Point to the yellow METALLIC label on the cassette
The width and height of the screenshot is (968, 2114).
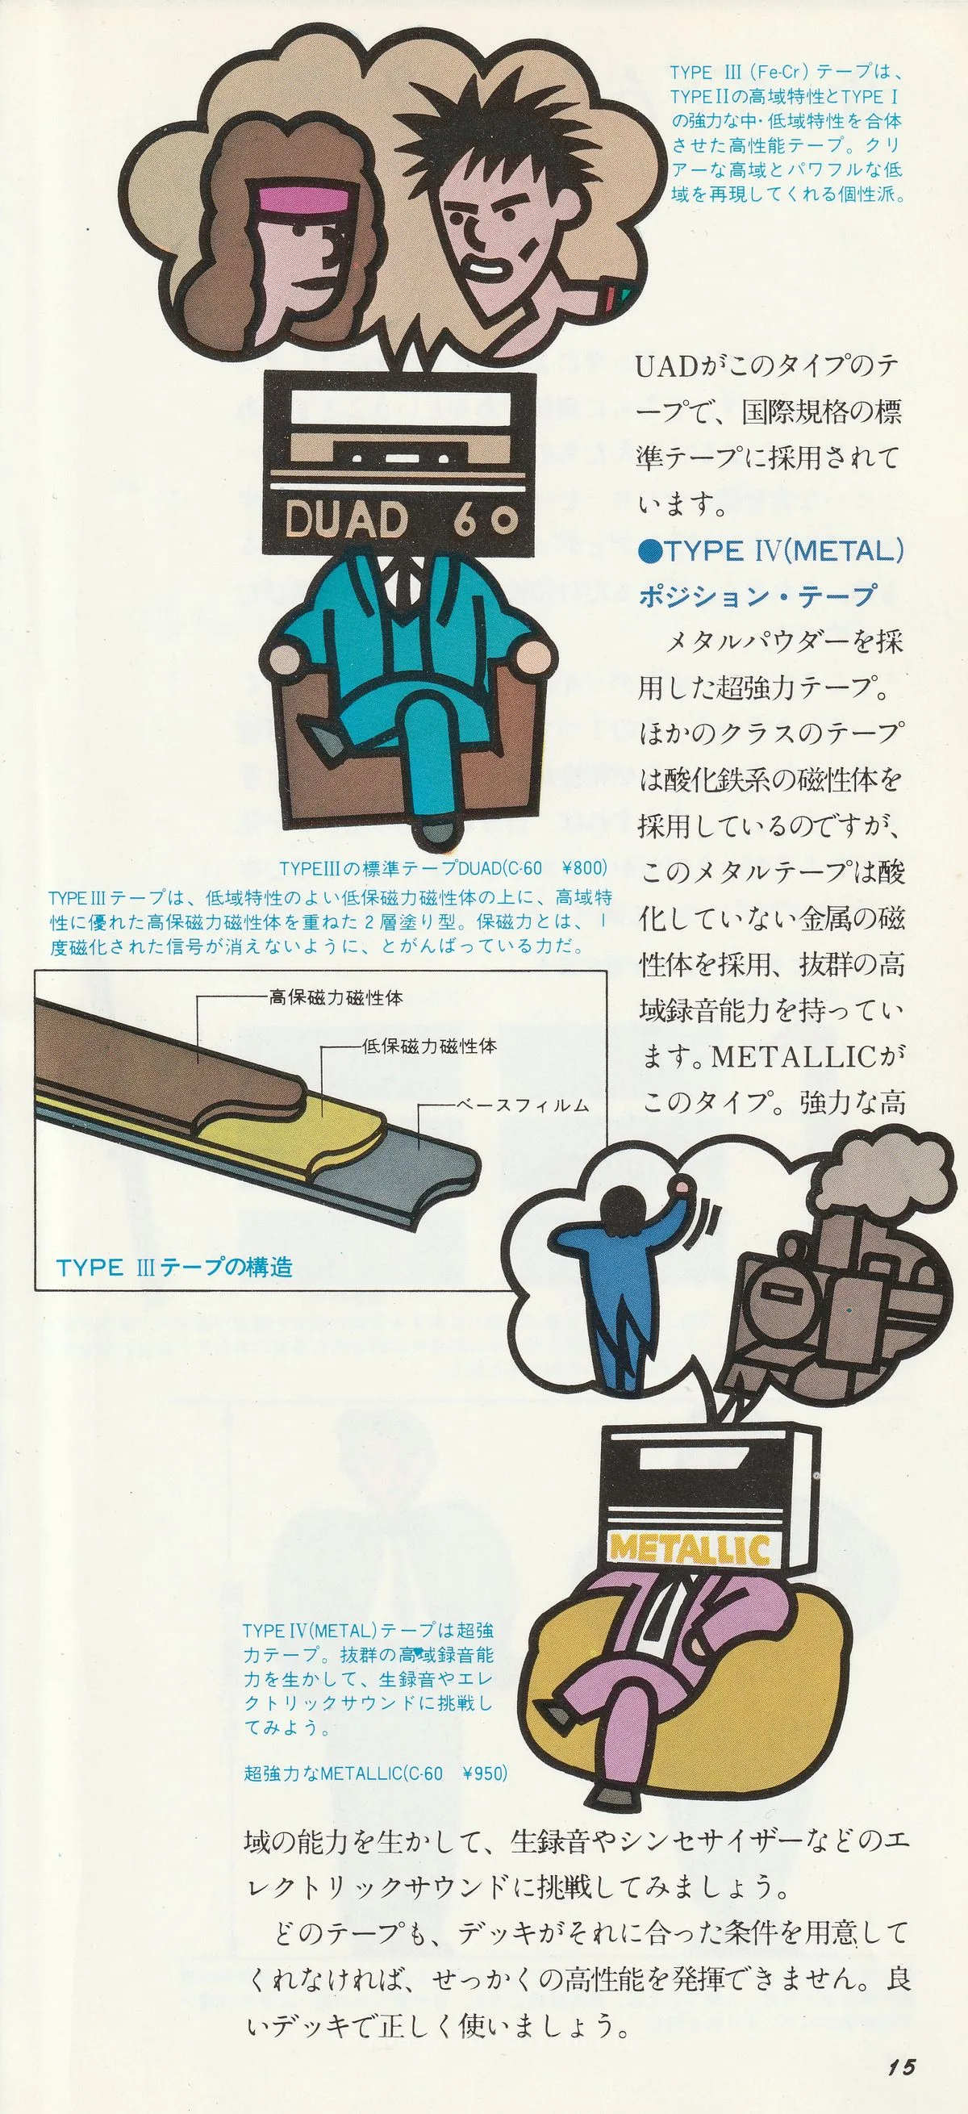pos(690,1549)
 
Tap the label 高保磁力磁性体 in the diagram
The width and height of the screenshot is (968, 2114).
pos(336,999)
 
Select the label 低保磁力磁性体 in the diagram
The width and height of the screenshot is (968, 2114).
pos(429,1047)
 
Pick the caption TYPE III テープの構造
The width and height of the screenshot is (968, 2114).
pos(175,1266)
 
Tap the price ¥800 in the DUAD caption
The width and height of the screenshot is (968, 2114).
pos(584,867)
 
